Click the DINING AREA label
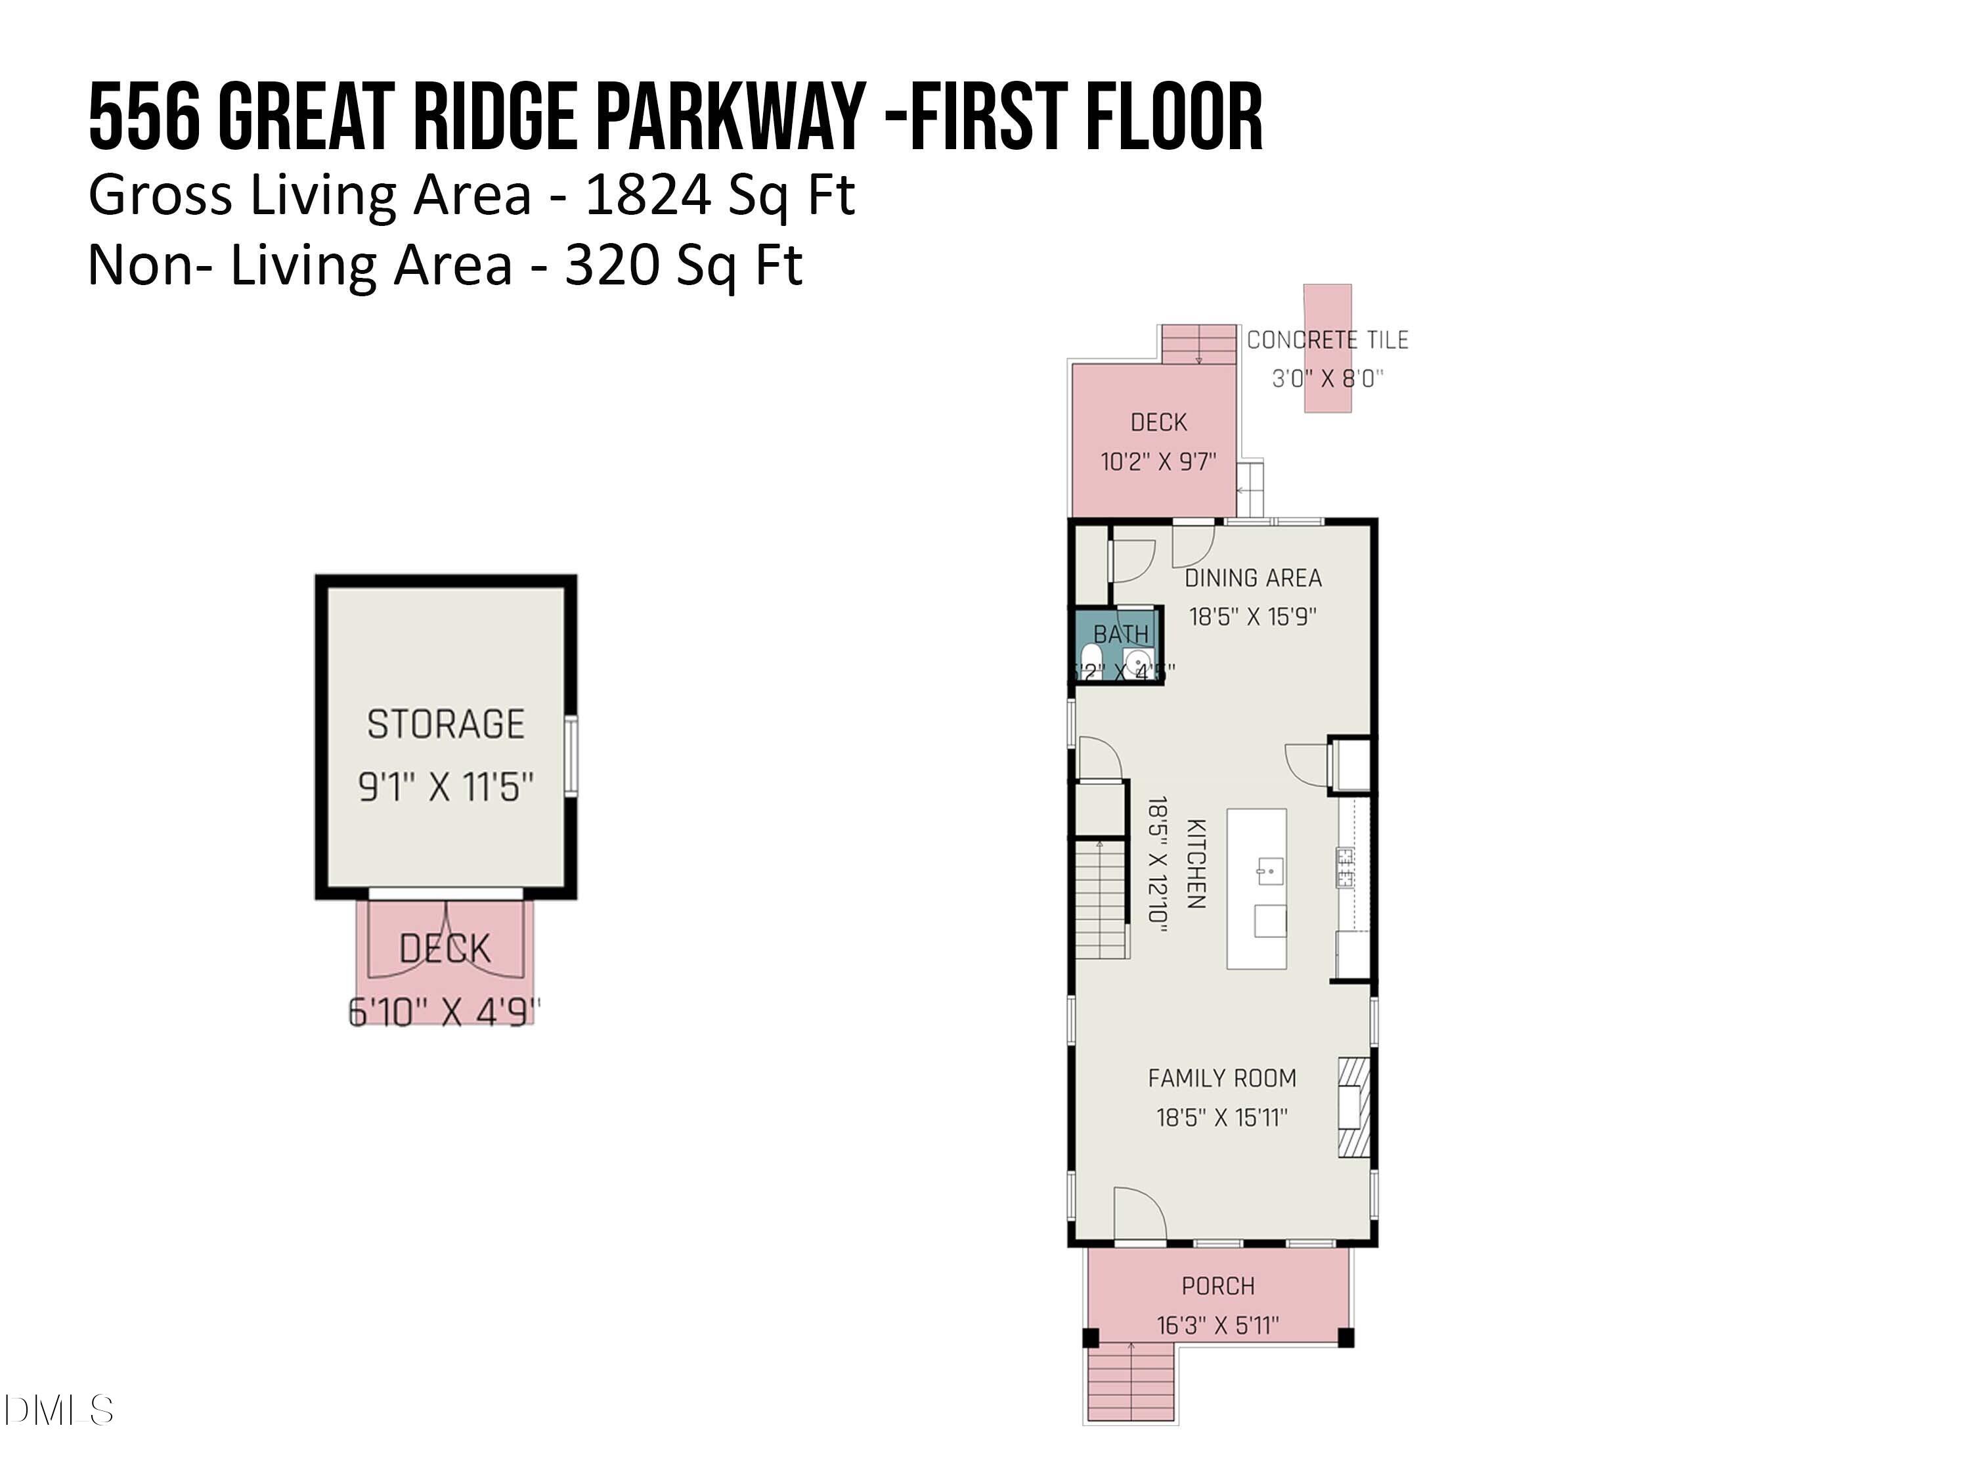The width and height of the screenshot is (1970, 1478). (1252, 578)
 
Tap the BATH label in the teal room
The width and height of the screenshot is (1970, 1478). (1120, 635)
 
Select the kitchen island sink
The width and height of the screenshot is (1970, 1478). (1268, 868)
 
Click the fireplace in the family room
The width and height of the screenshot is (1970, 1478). (1353, 1108)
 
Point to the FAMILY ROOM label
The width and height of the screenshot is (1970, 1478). (1221, 1078)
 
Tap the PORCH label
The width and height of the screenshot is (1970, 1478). (1217, 1286)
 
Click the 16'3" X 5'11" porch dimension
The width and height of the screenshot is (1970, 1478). (1217, 1325)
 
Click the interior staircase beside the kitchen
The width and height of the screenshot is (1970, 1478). (1102, 900)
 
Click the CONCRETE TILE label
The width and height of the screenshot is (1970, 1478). (1327, 340)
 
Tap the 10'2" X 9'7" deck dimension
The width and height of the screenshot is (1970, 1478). (1158, 462)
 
